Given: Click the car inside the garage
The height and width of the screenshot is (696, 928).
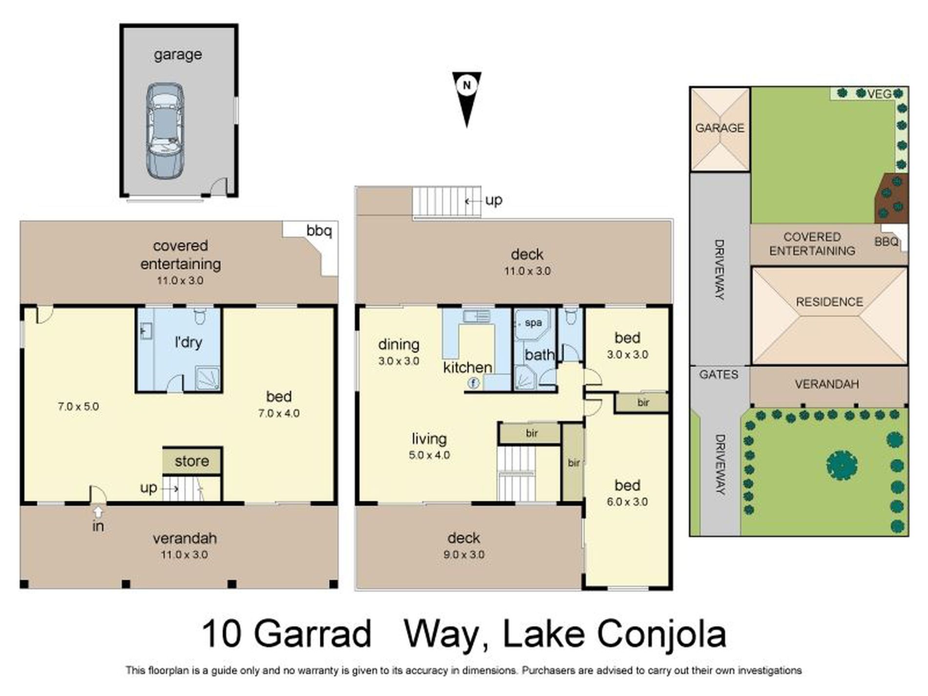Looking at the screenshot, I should click(x=165, y=131).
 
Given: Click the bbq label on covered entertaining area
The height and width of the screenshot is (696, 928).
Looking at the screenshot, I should click(x=319, y=231).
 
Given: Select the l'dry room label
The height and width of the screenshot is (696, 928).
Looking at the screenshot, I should click(x=188, y=342).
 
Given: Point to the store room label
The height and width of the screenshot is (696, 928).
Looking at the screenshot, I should click(x=191, y=461).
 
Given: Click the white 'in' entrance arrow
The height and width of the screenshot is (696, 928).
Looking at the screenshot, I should click(x=98, y=511).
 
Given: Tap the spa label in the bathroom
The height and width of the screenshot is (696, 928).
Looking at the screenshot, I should click(x=533, y=323).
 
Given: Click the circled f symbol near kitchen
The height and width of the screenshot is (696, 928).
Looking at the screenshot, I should click(x=473, y=383).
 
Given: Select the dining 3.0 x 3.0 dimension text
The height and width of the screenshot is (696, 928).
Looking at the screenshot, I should click(x=399, y=361).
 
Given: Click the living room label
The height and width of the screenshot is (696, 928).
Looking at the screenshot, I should click(x=429, y=439).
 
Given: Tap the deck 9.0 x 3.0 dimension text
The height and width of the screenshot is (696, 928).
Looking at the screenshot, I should click(x=464, y=555).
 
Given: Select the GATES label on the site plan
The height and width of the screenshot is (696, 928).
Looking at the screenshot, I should click(x=718, y=375).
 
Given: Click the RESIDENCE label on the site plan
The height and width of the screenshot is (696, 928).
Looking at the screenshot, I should click(x=829, y=302).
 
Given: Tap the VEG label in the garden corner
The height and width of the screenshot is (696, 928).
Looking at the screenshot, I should click(x=879, y=93).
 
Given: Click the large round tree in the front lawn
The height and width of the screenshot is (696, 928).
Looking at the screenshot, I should click(x=842, y=465).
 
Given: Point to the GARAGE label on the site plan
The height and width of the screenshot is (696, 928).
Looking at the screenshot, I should click(x=719, y=128).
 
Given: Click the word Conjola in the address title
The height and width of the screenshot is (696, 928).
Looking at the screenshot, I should click(x=661, y=634).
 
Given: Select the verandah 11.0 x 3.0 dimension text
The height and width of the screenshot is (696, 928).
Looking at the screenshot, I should click(x=184, y=555).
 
